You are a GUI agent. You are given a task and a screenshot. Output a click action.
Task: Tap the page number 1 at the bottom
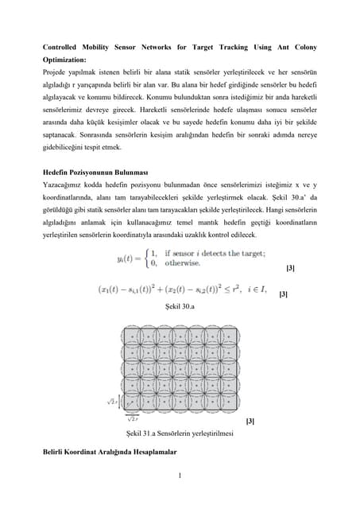click(x=180, y=477)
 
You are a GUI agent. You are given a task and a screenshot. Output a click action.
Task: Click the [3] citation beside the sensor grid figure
click(x=251, y=420)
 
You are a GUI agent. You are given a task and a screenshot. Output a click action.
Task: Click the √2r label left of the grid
click(x=112, y=402)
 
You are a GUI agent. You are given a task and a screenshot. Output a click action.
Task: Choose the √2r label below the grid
click(x=133, y=417)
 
